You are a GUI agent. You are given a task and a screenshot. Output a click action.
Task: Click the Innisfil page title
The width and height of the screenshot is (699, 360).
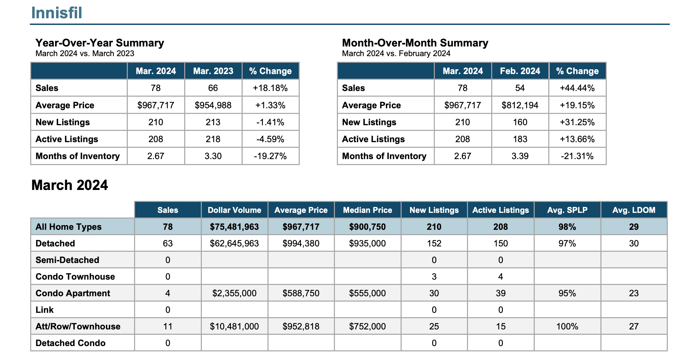coord(57,13)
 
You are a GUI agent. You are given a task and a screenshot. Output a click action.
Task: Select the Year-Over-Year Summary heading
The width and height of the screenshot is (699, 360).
coord(100,43)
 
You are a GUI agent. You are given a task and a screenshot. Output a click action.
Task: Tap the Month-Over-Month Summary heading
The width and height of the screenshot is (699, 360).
coord(415,43)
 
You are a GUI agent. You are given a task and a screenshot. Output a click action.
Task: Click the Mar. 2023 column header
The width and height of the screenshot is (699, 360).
coord(213,71)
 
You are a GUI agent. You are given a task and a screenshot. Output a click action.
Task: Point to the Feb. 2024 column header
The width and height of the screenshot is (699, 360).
coord(520,71)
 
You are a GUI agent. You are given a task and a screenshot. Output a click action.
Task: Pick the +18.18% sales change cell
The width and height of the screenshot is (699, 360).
coord(270,88)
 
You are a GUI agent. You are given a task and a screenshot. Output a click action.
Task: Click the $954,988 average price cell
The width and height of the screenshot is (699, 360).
coord(213,105)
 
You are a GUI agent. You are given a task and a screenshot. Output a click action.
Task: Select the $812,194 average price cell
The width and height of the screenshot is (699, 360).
coord(520,105)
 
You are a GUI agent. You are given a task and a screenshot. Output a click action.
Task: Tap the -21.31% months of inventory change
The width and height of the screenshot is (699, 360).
coord(577,156)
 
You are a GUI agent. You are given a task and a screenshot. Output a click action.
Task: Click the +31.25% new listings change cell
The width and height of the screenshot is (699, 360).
coord(577,122)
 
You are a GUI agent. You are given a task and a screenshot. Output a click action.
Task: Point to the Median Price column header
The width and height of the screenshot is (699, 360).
coord(367,210)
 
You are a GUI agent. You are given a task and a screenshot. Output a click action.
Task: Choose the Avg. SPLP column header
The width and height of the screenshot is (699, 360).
coord(567,210)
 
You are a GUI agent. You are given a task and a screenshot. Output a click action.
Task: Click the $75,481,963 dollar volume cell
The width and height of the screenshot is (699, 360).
coord(234,227)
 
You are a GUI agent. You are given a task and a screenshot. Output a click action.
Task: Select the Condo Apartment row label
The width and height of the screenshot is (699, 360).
coord(73,293)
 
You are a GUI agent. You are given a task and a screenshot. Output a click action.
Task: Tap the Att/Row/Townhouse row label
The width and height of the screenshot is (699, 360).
coord(78,326)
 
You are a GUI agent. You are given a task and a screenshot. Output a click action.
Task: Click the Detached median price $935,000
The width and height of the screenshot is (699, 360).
coord(367,243)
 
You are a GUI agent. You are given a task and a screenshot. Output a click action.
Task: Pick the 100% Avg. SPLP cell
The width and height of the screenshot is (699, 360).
coord(567,326)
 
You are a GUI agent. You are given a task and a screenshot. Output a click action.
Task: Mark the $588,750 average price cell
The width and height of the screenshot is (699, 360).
coord(301,293)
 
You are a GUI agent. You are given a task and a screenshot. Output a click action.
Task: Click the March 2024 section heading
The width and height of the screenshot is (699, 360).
coord(70,185)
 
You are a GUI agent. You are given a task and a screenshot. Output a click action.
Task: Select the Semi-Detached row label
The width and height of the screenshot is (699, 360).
coord(67,260)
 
